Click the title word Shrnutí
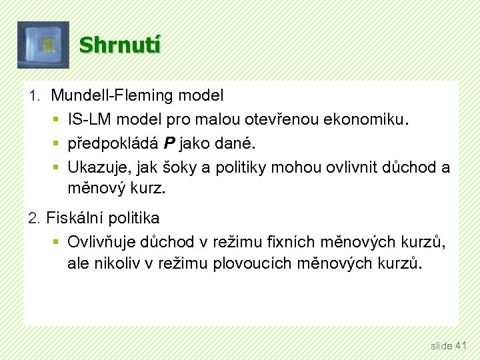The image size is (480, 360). tap(120, 45)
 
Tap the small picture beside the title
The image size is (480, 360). tap(43, 45)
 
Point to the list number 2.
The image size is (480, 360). tap(35, 218)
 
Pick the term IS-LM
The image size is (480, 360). tap(88, 119)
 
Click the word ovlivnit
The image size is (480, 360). tap(354, 167)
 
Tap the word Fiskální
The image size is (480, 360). tap(73, 218)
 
